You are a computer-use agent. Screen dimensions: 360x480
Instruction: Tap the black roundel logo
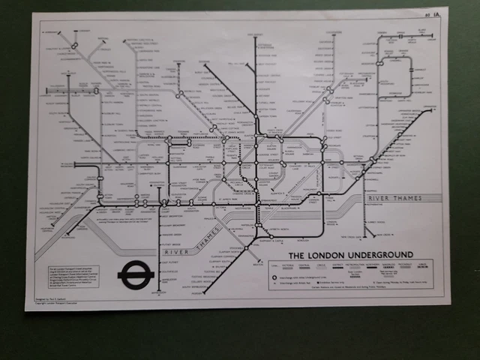(136, 274)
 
